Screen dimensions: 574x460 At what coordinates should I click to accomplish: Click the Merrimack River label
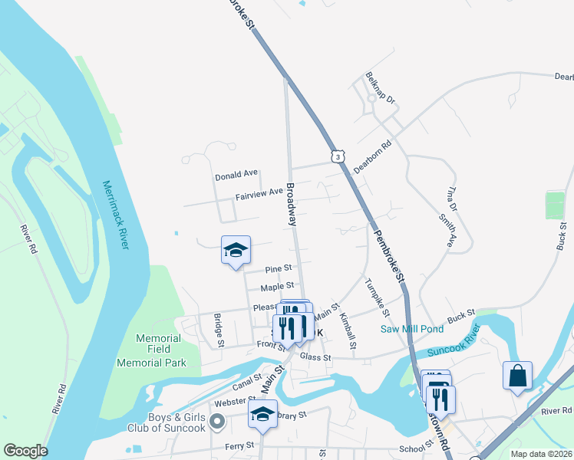coord(116,215)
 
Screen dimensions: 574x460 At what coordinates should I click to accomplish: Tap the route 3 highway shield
coord(338,156)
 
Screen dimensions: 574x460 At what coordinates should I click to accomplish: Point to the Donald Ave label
coord(237,175)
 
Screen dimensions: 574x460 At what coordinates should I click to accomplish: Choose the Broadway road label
coord(292,203)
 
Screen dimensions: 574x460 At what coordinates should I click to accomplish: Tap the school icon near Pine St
coord(236,251)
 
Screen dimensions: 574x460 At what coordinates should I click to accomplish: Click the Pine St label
coord(278,269)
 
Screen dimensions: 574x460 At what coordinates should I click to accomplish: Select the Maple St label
coord(277,287)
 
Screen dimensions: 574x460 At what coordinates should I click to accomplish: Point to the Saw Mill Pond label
coord(412,329)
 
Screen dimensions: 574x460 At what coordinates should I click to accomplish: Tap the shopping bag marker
coord(518,376)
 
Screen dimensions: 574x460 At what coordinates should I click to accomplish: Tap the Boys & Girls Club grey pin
coord(217,420)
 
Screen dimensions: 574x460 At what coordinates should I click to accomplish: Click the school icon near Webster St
coord(262,415)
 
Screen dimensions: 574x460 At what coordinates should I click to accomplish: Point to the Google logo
coord(26,450)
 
